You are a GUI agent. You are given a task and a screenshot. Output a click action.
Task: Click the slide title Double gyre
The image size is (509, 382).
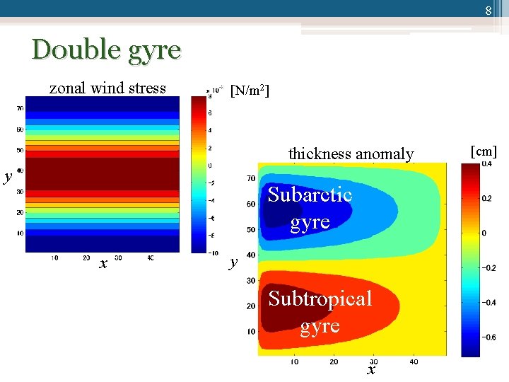tap(106, 50)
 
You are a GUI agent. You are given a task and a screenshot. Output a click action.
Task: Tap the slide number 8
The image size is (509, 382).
tap(488, 11)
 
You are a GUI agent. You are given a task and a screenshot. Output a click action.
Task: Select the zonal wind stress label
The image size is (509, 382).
tap(107, 88)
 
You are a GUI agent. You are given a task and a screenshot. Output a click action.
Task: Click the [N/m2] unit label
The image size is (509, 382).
tap(250, 91)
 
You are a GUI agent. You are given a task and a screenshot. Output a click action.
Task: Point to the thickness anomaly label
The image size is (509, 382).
tap(351, 154)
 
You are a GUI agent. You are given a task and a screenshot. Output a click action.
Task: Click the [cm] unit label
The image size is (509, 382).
tap(484, 151)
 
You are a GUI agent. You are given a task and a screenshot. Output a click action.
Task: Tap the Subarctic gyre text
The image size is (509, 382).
tap(310, 207)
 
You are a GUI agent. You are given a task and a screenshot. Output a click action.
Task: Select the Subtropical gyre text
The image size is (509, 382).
tap(320, 312)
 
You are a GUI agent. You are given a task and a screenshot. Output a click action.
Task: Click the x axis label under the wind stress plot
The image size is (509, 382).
tap(103, 264)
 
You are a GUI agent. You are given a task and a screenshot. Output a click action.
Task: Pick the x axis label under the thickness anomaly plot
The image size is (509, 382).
tap(371, 370)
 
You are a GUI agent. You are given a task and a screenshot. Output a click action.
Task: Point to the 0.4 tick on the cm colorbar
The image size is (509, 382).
tap(486, 164)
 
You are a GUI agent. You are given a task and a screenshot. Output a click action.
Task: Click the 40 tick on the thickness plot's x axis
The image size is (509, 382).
tap(414, 361)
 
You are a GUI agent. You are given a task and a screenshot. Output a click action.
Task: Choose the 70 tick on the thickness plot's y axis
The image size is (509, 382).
tap(251, 179)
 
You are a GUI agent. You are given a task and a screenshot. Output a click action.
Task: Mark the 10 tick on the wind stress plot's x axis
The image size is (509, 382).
tap(54, 259)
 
